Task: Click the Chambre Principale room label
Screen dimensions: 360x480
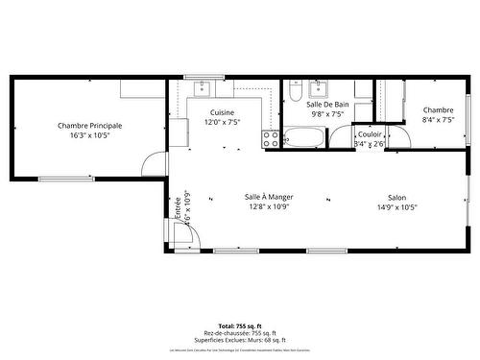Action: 89,125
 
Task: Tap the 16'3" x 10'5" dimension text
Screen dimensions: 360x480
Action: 89,135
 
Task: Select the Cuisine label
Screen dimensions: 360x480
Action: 223,112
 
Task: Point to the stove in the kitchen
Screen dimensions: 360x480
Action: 272,137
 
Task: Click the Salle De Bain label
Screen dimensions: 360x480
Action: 326,104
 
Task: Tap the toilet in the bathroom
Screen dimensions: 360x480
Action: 297,93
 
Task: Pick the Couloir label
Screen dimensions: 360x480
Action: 370,135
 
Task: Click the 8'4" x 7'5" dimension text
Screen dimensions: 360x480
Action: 438,120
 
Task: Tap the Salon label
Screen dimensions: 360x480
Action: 396,197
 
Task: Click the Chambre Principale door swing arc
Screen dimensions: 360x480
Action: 153,164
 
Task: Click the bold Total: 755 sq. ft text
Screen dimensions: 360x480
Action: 240,326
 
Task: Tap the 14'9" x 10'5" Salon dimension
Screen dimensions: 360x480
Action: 396,206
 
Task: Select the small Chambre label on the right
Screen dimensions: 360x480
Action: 438,109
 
